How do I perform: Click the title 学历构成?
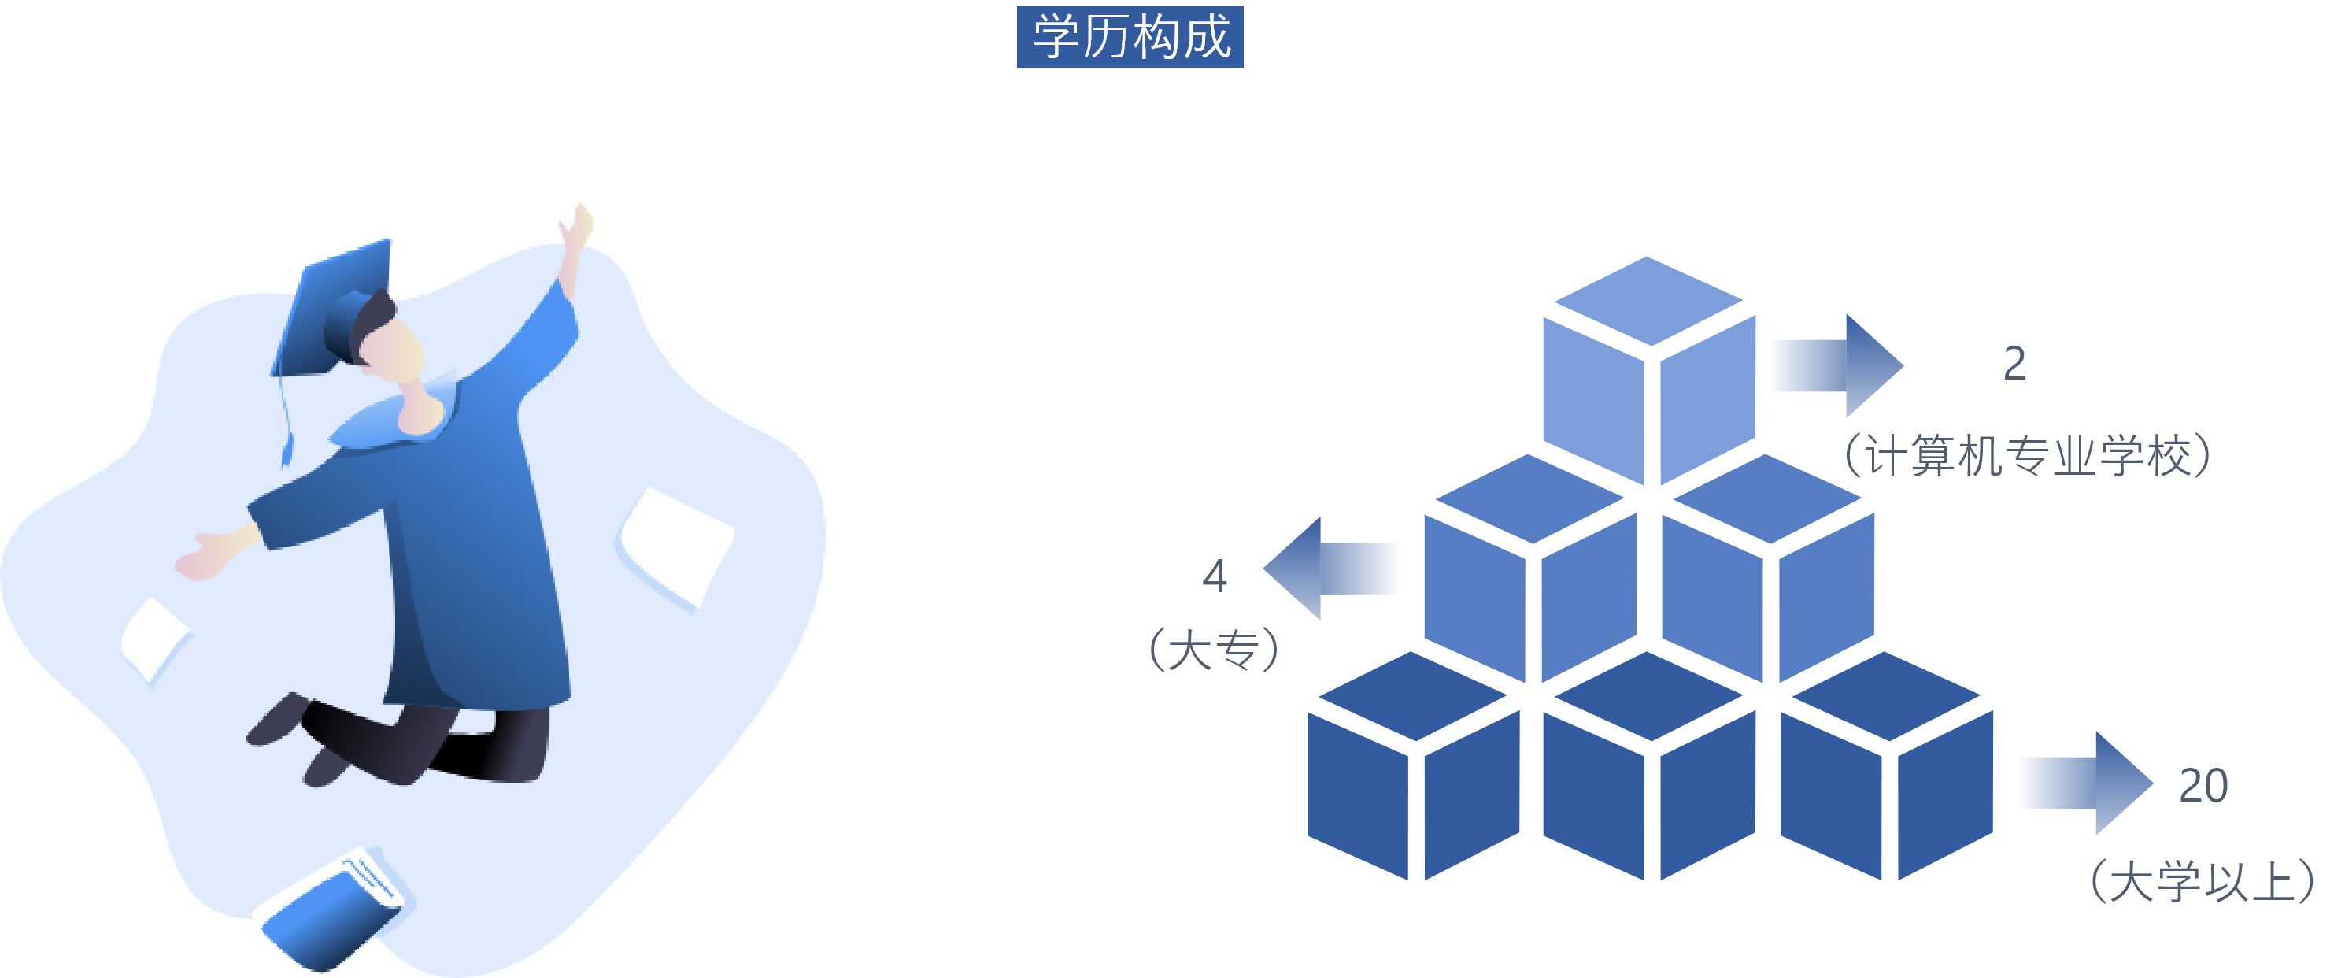click(1130, 37)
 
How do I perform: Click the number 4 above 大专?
click(1215, 576)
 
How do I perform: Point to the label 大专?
click(1215, 650)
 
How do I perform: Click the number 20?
click(2203, 785)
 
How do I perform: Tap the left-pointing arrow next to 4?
click(1333, 569)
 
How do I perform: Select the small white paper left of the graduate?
click(153, 637)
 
